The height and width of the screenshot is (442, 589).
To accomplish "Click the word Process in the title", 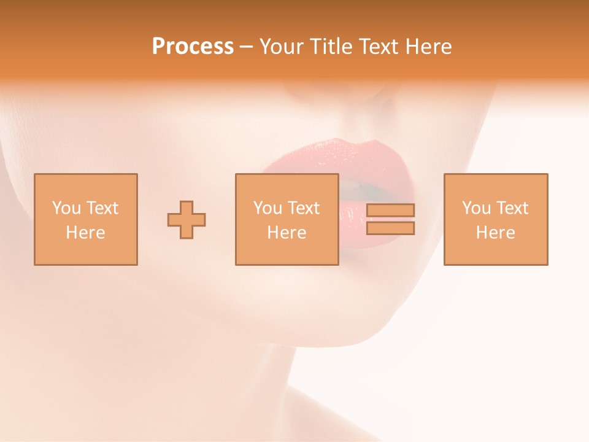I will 193,47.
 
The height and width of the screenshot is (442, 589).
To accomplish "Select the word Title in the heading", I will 330,47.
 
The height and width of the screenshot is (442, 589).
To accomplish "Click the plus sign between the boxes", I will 187,219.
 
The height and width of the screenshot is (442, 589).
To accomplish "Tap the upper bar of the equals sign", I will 390,210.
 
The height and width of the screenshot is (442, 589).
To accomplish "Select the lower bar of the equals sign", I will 390,228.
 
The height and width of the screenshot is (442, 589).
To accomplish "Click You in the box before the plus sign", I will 66,208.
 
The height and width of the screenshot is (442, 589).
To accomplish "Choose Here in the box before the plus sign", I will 85,233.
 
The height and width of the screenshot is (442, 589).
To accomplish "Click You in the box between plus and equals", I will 268,208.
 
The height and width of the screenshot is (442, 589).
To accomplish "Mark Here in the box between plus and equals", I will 287,233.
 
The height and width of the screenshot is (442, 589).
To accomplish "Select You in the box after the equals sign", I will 476,208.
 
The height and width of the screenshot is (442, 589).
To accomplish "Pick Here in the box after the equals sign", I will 495,233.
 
